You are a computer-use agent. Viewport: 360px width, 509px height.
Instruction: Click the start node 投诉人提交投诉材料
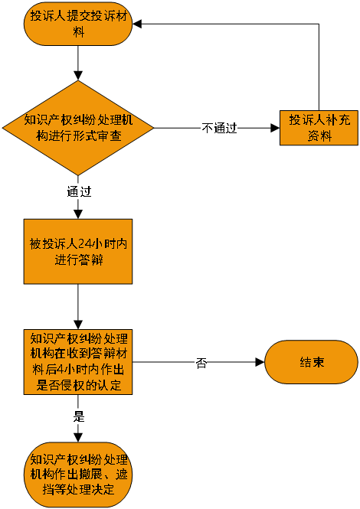(x=78, y=24)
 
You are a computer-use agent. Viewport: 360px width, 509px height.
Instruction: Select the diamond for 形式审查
(x=78, y=128)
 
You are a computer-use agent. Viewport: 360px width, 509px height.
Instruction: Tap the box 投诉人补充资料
(x=319, y=128)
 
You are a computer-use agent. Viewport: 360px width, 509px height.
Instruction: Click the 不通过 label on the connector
(x=219, y=128)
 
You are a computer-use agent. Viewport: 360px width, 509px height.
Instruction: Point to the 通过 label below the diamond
(x=79, y=191)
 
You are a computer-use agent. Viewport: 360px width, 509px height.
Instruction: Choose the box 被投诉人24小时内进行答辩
(x=78, y=252)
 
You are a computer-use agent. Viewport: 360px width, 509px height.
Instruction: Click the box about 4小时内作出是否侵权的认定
(x=78, y=362)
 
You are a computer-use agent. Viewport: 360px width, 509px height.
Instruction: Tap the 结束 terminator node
(x=311, y=362)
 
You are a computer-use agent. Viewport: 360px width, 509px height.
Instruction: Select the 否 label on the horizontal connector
(x=201, y=363)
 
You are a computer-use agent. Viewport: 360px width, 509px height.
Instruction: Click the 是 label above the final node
(x=79, y=417)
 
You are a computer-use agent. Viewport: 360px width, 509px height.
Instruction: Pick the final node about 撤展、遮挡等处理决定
(x=78, y=475)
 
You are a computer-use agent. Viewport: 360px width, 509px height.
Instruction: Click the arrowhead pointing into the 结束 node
(x=260, y=362)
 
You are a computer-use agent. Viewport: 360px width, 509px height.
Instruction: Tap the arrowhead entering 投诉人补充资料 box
(x=275, y=128)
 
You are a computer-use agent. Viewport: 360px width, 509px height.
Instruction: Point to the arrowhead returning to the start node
(x=137, y=24)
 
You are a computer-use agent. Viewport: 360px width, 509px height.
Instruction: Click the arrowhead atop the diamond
(x=78, y=75)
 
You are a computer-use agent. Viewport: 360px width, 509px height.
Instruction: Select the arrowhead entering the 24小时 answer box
(x=78, y=214)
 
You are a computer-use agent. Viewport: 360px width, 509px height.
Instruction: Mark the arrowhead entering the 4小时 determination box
(x=78, y=325)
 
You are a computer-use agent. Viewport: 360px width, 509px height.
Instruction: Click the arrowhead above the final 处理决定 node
(x=78, y=437)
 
